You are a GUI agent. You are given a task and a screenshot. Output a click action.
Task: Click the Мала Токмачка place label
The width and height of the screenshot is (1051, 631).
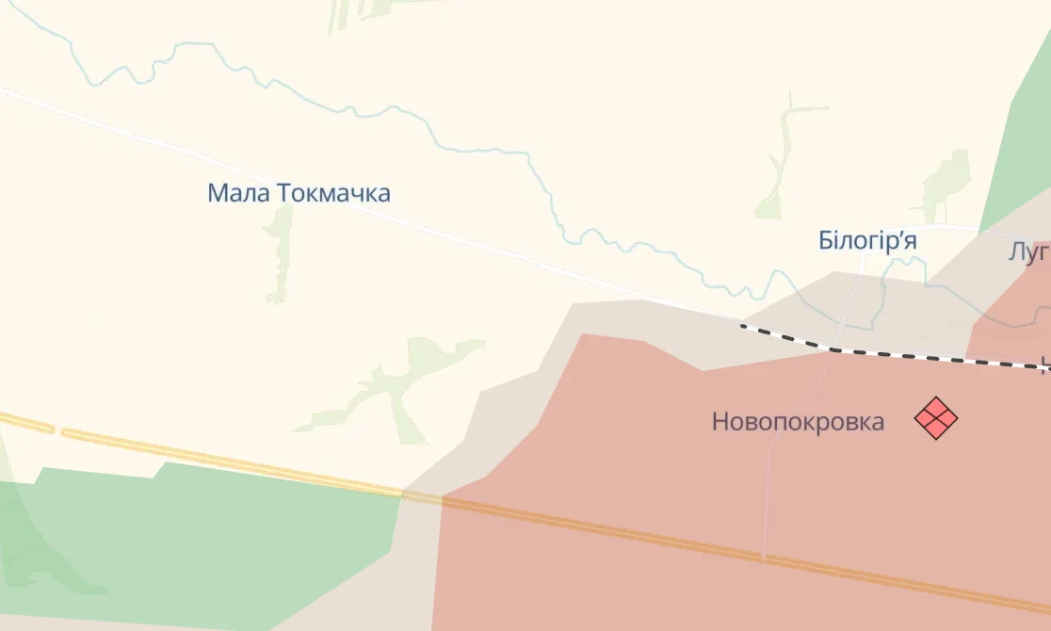click(299, 194)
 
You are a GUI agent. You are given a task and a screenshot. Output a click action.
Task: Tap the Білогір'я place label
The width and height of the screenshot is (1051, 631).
click(867, 241)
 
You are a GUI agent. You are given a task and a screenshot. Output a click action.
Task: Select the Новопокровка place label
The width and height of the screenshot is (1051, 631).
click(798, 421)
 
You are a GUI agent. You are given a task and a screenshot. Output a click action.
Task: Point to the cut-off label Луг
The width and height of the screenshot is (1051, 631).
click(1028, 251)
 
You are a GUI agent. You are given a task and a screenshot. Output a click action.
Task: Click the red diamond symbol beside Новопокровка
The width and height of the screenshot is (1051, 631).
click(936, 418)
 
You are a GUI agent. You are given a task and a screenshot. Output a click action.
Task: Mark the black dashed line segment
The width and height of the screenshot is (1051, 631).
click(895, 354)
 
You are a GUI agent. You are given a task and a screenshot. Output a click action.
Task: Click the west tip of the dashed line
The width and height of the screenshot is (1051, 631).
click(743, 326)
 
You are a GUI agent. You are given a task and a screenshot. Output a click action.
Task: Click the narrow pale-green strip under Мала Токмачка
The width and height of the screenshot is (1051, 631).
click(279, 254)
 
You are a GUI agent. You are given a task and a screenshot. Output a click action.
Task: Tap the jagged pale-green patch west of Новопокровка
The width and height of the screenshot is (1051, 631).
click(396, 386)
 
